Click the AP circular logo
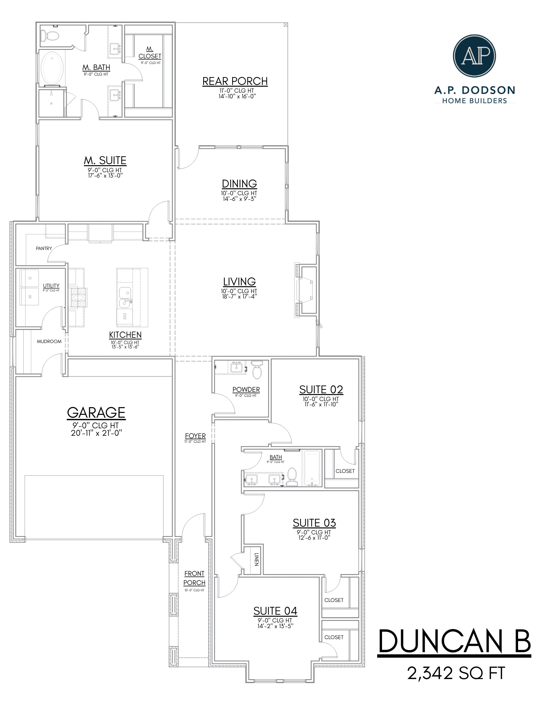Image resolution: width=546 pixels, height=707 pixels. [474, 56]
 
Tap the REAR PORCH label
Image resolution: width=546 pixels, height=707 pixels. [235, 81]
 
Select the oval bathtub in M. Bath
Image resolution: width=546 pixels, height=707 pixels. [53, 68]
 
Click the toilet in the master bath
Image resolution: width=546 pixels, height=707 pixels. [51, 36]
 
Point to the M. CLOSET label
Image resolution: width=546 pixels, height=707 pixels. [149, 53]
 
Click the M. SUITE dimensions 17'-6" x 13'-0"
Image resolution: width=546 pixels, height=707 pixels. [105, 175]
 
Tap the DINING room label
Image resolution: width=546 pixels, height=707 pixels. [239, 184]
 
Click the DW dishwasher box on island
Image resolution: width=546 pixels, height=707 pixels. [125, 317]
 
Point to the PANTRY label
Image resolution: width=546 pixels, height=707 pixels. [44, 248]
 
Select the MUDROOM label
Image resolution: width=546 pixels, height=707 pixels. [49, 341]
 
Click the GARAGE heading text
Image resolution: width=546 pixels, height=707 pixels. [96, 412]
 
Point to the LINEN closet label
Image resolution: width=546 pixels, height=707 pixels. [257, 560]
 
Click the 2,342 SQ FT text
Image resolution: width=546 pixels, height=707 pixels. [456, 673]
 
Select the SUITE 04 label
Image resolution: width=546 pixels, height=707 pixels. [275, 611]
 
